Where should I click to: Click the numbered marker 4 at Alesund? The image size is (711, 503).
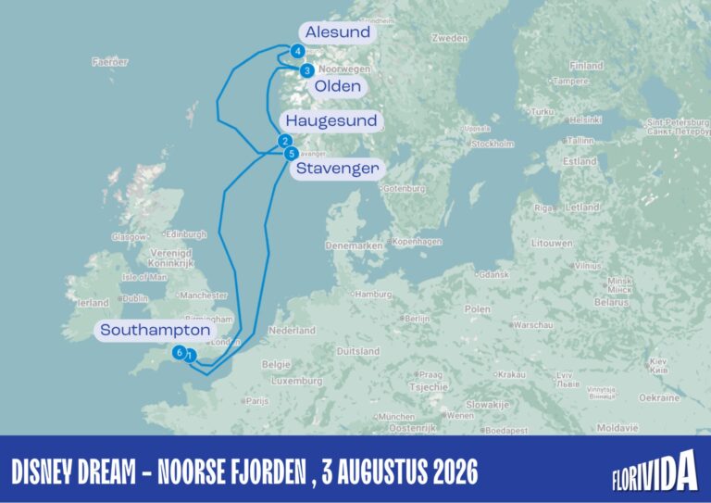pos(297,52)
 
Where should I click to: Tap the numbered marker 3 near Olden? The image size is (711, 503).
pos(306,69)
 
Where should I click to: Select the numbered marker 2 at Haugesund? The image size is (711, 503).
pos(285,141)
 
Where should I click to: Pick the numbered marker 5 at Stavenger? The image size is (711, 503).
pos(292,154)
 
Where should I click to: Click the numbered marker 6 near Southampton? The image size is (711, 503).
pos(180,352)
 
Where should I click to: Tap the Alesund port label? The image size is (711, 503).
pos(338,32)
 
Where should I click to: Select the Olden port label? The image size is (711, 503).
pos(337,86)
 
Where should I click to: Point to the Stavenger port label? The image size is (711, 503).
pos(337,169)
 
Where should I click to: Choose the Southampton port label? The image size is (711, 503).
pos(156,330)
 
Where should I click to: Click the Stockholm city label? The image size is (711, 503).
pos(493,144)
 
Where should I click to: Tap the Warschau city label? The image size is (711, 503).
pos(533,325)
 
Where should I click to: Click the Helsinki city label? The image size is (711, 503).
pos(586,119)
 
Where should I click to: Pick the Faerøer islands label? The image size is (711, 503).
pos(110,62)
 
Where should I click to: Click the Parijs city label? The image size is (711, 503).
pos(257,401)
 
